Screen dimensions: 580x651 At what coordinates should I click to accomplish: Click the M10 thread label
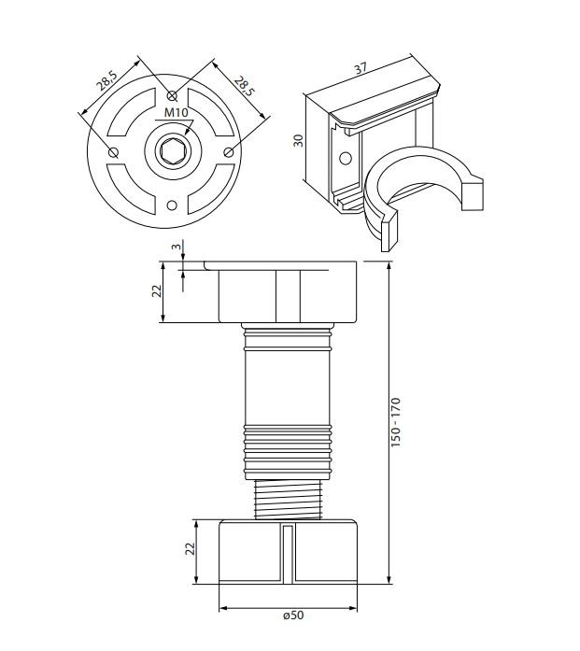[176, 112]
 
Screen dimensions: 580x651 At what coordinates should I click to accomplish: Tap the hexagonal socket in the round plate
[172, 151]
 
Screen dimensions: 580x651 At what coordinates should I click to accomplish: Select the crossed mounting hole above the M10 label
[172, 96]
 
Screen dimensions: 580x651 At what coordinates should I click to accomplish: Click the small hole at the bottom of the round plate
[172, 205]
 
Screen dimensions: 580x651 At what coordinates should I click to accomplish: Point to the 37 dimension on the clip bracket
[361, 68]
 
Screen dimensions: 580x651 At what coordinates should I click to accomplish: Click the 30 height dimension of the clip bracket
[298, 140]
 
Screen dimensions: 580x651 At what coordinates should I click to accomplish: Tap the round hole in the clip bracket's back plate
[346, 158]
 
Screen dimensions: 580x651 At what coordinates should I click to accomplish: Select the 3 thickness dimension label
[177, 247]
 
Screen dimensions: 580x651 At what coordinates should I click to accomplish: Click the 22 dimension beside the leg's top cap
[157, 291]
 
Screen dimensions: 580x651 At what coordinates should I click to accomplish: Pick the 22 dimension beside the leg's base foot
[190, 549]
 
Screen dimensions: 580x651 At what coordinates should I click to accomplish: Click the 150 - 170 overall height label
[396, 422]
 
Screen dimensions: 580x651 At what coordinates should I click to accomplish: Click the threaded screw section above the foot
[288, 499]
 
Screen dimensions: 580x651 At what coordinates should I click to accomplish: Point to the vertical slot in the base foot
[288, 554]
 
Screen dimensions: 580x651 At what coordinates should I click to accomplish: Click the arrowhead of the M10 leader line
[187, 132]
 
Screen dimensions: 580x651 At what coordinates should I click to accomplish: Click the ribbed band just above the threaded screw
[288, 452]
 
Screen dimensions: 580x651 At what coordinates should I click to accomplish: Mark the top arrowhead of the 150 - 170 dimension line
[389, 265]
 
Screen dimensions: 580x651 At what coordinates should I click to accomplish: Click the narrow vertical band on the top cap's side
[288, 296]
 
